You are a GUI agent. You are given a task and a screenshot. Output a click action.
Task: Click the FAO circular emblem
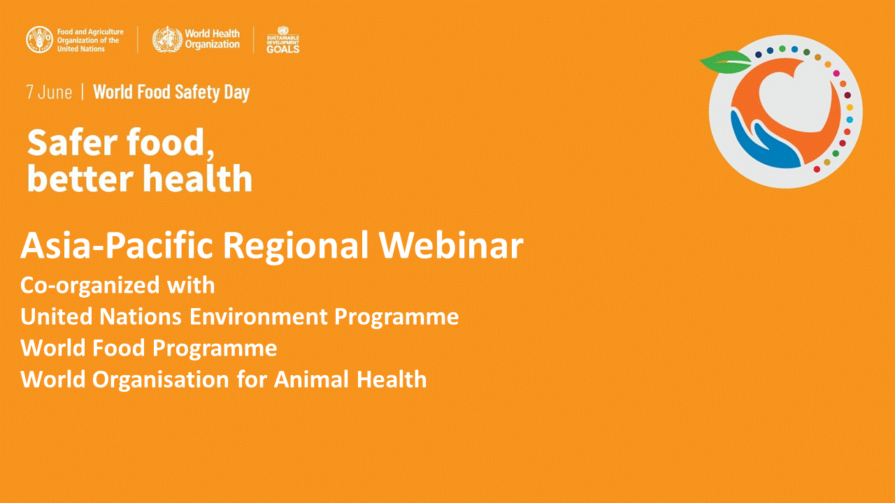click(40, 40)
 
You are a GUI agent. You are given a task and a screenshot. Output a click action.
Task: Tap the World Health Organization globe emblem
click(167, 40)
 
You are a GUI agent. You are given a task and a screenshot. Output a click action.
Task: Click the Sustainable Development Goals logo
click(283, 40)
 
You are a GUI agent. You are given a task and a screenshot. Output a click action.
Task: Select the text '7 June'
click(49, 92)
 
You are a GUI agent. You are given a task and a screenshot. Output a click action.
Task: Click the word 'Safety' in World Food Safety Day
click(197, 93)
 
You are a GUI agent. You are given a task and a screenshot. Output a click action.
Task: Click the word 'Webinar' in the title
click(451, 245)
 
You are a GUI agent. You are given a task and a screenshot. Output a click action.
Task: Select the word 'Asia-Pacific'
click(117, 245)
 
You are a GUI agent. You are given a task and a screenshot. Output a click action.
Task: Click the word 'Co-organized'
click(89, 286)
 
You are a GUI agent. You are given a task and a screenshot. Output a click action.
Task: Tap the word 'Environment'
click(259, 316)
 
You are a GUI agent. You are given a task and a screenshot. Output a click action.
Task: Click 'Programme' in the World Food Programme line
click(215, 349)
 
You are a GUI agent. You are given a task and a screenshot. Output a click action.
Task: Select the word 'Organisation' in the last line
click(161, 379)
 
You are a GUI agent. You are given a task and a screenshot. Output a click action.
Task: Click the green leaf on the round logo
click(726, 61)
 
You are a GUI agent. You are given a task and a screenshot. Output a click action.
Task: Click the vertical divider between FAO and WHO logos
click(138, 40)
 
